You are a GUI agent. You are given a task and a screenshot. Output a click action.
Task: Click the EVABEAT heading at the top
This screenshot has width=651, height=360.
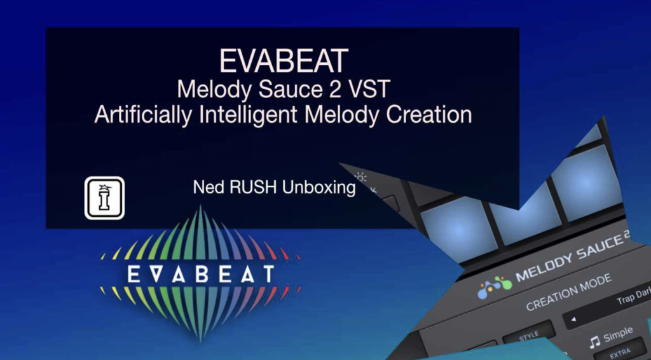[283, 61]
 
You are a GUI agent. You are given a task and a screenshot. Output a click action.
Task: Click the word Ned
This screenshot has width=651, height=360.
[206, 188]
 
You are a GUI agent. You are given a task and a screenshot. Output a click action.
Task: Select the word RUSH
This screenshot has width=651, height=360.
[249, 188]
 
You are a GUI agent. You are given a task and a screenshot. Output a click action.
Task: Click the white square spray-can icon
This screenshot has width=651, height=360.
[104, 198]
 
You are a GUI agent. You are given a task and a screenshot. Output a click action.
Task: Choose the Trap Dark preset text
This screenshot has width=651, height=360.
[633, 300]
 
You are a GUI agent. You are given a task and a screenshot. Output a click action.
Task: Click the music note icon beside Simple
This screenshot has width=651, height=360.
[595, 342]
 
